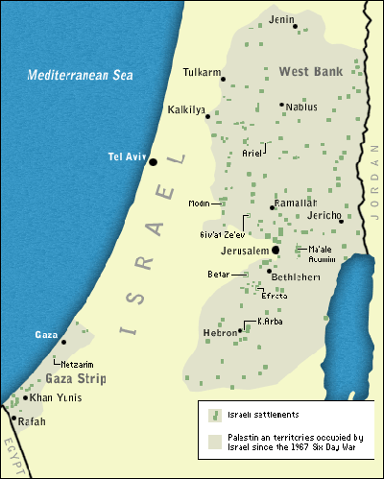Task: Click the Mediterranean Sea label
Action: pyautogui.click(x=81, y=75)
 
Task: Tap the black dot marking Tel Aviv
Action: pyautogui.click(x=153, y=161)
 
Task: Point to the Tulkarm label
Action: pyautogui.click(x=201, y=72)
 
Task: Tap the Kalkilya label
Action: pyautogui.click(x=187, y=109)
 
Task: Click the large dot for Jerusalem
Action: pyautogui.click(x=276, y=250)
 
